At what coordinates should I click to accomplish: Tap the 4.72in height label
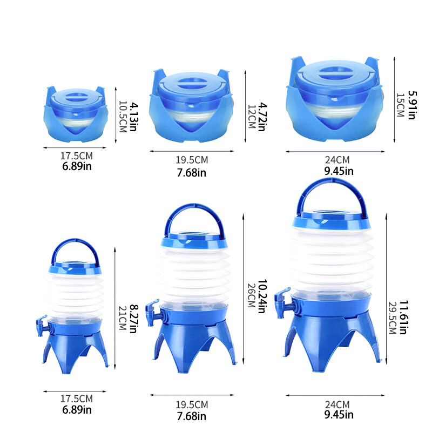click(262, 116)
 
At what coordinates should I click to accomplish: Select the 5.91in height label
click(411, 104)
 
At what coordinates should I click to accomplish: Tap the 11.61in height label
click(412, 319)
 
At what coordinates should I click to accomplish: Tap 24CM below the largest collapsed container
click(337, 160)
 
